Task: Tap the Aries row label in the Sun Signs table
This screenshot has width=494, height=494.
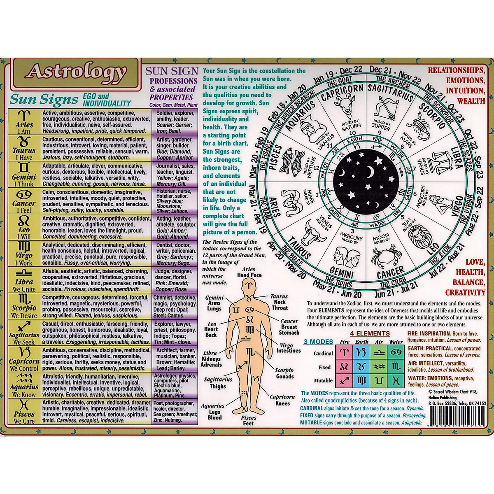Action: click(24, 122)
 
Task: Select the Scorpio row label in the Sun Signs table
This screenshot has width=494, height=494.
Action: click(24, 306)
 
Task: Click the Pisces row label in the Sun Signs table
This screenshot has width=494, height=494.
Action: click(24, 412)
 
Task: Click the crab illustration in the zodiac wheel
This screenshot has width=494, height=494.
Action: click(384, 255)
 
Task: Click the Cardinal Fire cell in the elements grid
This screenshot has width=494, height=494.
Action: click(345, 353)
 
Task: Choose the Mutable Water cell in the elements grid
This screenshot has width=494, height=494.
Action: click(396, 380)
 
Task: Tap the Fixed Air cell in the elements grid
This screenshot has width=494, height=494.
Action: click(379, 367)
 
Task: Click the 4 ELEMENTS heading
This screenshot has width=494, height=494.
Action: click(370, 333)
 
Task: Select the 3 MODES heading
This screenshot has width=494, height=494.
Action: click(318, 342)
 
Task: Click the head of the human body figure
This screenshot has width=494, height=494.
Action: click(249, 286)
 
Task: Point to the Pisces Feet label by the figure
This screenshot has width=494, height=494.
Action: click(248, 420)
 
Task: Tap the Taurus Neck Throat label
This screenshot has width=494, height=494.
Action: click(279, 302)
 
